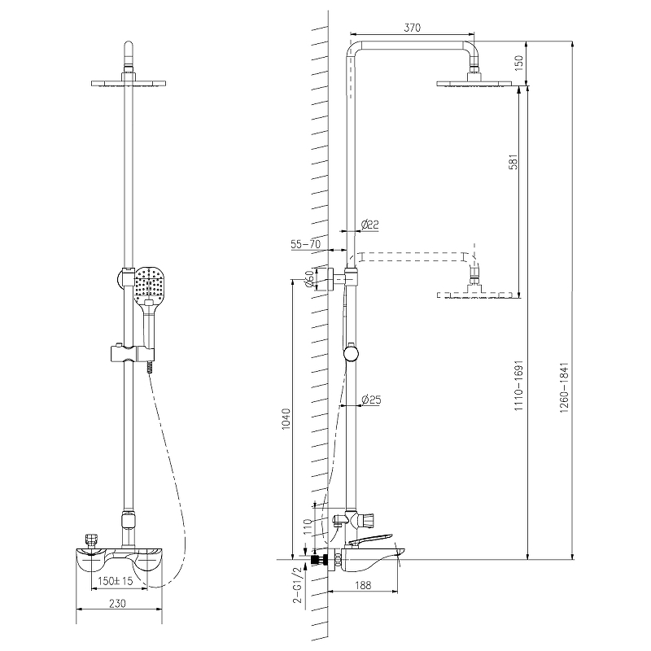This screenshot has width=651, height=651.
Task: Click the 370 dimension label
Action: [x=413, y=28]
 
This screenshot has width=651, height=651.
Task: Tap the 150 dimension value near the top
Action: [x=519, y=63]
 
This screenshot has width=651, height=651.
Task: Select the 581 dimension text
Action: [x=513, y=161]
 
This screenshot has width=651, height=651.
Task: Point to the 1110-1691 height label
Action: [x=519, y=386]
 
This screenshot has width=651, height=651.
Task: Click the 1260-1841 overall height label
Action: [x=564, y=387]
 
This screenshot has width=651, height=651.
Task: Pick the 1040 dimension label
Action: [x=286, y=419]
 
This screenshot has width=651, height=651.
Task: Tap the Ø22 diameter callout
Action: [x=370, y=225]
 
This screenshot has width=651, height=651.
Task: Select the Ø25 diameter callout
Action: [x=371, y=400]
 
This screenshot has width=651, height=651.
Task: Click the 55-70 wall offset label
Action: [x=306, y=243]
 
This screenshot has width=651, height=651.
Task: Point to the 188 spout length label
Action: [x=363, y=584]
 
